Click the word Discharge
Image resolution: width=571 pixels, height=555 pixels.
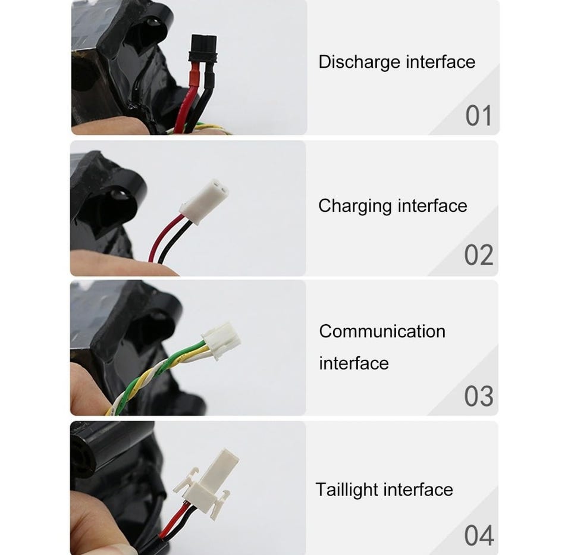point(359,62)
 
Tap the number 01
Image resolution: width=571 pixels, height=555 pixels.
point(478,116)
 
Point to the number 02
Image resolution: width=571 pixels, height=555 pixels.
point(478,255)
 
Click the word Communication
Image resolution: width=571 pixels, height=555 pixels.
point(382,331)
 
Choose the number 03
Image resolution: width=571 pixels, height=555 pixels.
point(478,396)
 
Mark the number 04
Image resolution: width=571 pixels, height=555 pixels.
point(479,535)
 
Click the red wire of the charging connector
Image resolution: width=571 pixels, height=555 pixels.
point(164,237)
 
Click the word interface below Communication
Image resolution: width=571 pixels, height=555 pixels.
point(354,363)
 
